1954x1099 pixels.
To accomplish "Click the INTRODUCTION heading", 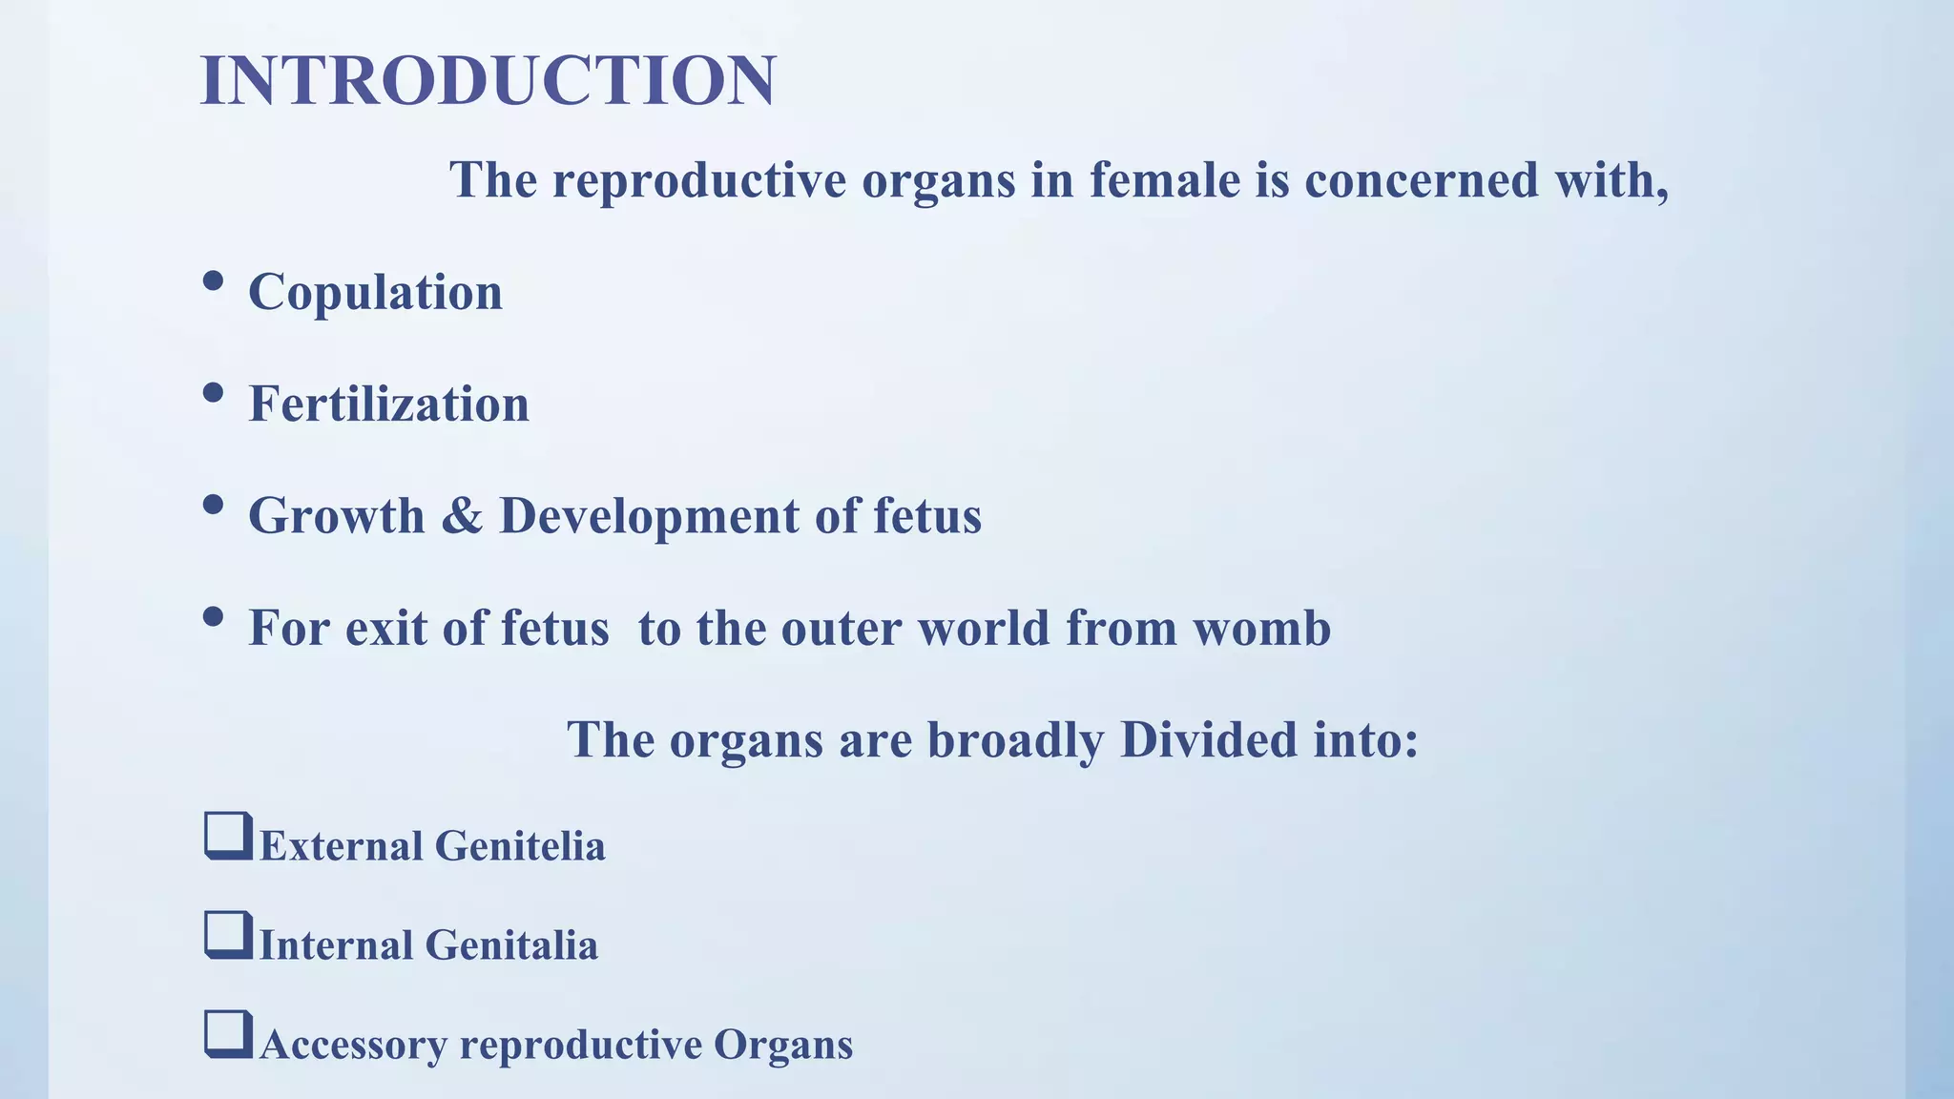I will click(x=488, y=80).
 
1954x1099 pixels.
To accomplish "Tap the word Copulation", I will click(x=375, y=292).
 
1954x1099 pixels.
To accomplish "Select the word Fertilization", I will click(x=388, y=404).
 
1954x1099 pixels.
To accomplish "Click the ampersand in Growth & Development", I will click(x=462, y=516).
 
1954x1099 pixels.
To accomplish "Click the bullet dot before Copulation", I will click(x=214, y=280).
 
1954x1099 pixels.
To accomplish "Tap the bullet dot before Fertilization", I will click(x=214, y=392).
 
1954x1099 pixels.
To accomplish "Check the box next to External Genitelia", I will click(x=228, y=836).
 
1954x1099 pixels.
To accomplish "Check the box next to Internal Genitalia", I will click(x=228, y=935).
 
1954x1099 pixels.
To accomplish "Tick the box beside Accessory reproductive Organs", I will click(x=228, y=1034).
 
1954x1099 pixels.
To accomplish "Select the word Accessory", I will click(x=353, y=1045).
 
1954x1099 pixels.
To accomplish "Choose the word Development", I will click(x=649, y=516).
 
